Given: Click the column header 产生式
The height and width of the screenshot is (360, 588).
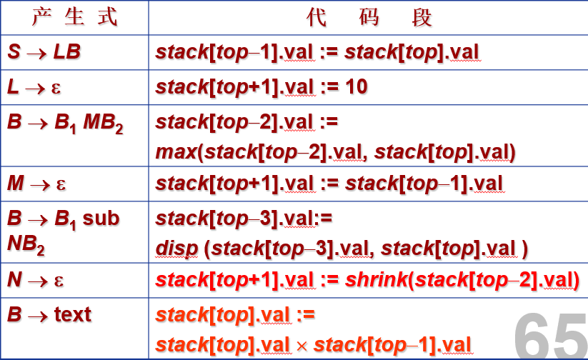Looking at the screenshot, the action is click(x=74, y=17).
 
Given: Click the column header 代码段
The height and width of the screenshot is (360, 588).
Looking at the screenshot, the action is click(x=369, y=17).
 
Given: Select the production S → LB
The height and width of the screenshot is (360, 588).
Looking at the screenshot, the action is click(x=44, y=51).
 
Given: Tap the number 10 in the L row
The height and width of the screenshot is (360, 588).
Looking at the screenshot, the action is click(x=357, y=87).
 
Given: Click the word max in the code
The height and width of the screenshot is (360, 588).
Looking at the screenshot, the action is click(x=176, y=152).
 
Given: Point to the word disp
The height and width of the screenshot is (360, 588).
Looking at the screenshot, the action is click(x=176, y=249).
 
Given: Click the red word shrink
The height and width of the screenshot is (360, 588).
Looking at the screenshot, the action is click(x=376, y=279).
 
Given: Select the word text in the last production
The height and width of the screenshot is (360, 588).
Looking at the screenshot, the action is click(x=73, y=314).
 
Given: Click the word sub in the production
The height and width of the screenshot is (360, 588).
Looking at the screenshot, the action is click(x=101, y=219).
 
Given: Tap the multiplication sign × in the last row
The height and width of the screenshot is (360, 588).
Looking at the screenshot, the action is click(x=302, y=346).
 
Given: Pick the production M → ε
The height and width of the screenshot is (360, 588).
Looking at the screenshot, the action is click(x=36, y=184).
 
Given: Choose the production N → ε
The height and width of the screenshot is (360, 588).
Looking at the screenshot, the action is click(x=35, y=280).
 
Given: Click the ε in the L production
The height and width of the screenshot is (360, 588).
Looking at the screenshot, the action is click(x=56, y=89).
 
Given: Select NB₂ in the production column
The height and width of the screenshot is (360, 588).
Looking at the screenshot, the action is click(x=26, y=245).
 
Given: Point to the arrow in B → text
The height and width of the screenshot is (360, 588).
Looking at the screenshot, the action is click(x=37, y=316).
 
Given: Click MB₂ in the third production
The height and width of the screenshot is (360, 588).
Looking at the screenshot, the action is click(x=103, y=124).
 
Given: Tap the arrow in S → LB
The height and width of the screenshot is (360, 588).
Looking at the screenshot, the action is click(x=36, y=54).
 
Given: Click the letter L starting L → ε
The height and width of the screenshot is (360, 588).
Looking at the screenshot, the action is click(x=13, y=87).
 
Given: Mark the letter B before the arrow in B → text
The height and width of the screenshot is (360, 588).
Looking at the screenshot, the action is click(x=14, y=314).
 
